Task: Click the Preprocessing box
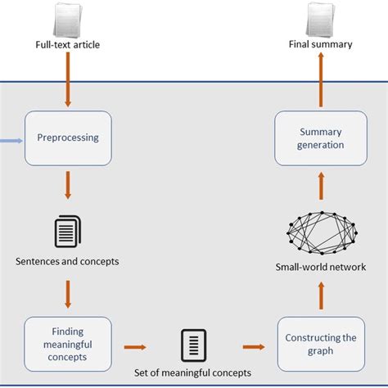click(67, 138)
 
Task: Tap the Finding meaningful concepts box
click(67, 344)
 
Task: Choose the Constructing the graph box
click(320, 344)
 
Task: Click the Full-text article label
click(68, 44)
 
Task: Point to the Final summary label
click(320, 44)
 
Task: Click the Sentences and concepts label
click(67, 261)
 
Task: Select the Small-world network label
click(320, 266)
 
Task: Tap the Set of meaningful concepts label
click(194, 373)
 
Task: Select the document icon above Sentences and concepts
click(67, 231)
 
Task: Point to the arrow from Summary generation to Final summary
click(320, 82)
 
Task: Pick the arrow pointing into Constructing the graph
click(253, 346)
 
